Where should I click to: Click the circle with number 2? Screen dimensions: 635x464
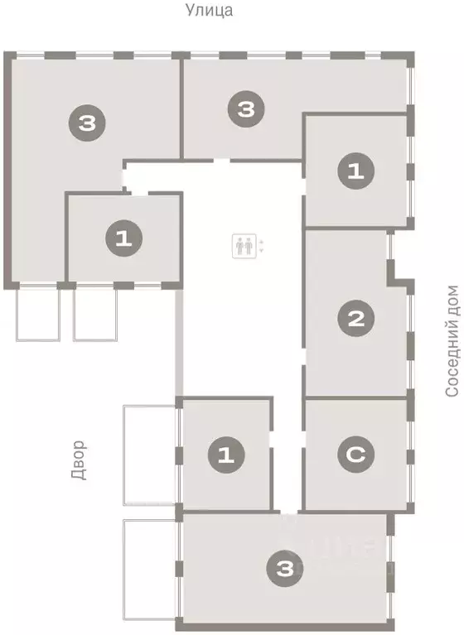(x=356, y=318)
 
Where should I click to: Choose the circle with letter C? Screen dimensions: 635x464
(x=356, y=454)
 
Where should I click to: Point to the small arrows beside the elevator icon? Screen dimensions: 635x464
(x=263, y=245)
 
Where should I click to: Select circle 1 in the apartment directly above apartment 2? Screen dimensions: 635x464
(x=355, y=171)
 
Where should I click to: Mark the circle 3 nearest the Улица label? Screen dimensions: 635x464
(x=244, y=109)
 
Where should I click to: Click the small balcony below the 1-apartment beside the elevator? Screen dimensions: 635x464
(x=97, y=314)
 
